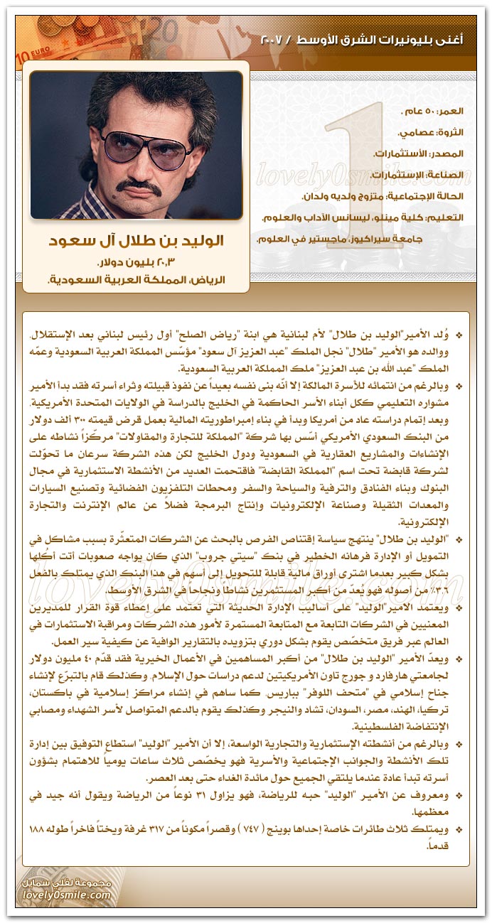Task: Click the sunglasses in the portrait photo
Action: pyautogui.click(x=136, y=146)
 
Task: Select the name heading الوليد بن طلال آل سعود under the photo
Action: pyautogui.click(x=136, y=242)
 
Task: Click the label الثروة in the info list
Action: pyautogui.click(x=449, y=132)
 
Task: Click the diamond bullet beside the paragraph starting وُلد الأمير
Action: pyautogui.click(x=458, y=334)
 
